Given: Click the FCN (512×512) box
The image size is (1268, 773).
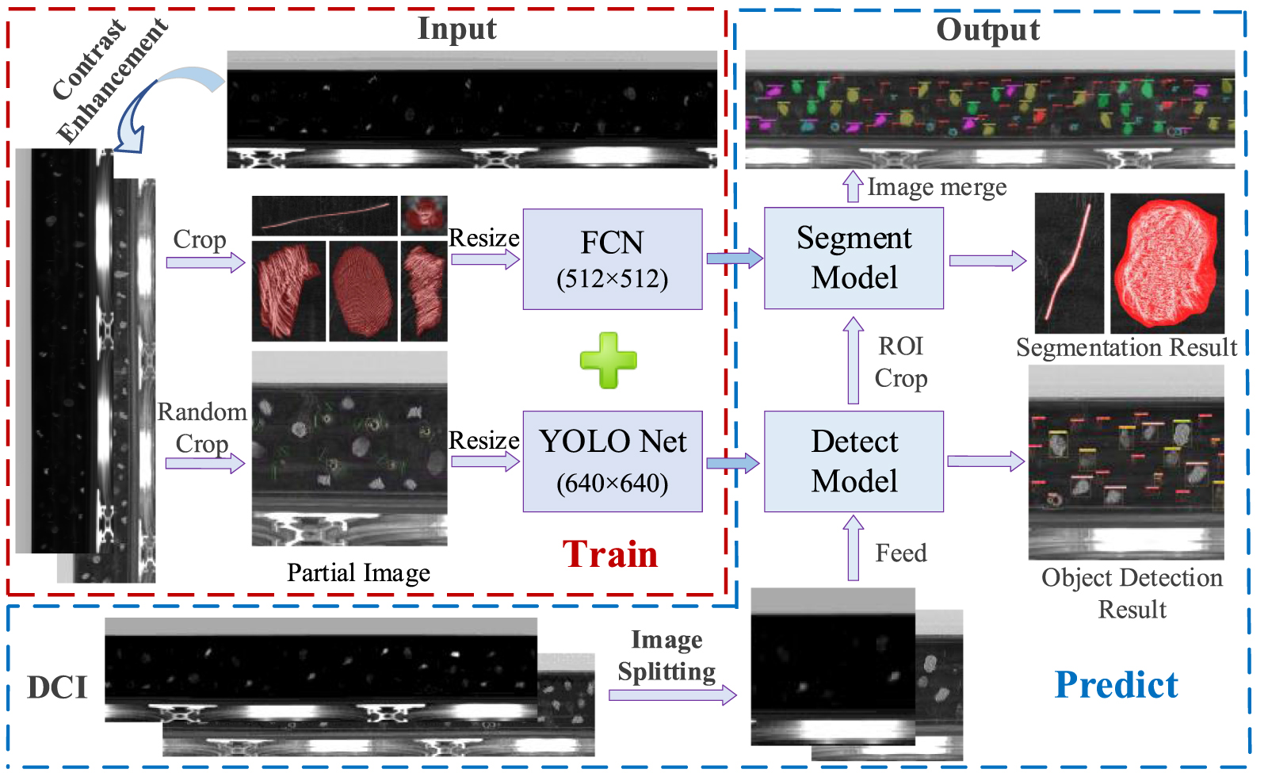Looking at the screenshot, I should pyautogui.click(x=612, y=259).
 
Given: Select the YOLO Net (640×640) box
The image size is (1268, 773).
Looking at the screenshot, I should pyautogui.click(x=612, y=461).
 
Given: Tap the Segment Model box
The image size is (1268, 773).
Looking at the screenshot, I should pyautogui.click(x=854, y=258).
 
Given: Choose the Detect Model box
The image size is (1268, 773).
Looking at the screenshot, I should pyautogui.click(x=854, y=461).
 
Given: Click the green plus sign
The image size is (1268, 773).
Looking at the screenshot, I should pyautogui.click(x=608, y=361).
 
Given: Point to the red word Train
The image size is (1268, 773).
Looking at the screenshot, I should pyautogui.click(x=610, y=554).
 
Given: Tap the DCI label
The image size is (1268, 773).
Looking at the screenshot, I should pyautogui.click(x=57, y=687).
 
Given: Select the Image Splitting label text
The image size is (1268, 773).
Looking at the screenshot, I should pyautogui.click(x=666, y=656).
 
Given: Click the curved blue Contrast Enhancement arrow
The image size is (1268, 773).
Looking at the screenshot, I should pyautogui.click(x=158, y=103).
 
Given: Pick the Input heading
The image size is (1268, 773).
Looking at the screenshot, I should pyautogui.click(x=456, y=29).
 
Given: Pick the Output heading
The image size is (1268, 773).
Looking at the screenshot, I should pyautogui.click(x=987, y=29).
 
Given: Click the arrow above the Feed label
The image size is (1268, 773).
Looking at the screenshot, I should pyautogui.click(x=853, y=548).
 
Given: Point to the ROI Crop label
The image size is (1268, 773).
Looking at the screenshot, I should pyautogui.click(x=901, y=362).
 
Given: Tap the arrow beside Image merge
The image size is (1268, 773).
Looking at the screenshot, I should pyautogui.click(x=853, y=186).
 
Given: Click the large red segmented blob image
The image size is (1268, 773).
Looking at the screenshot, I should pyautogui.click(x=1167, y=263).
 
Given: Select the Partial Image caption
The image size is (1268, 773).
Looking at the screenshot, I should pyautogui.click(x=358, y=572).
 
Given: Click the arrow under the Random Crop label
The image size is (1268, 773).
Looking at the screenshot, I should pyautogui.click(x=204, y=463).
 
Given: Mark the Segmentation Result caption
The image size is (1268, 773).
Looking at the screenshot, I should pyautogui.click(x=1126, y=347).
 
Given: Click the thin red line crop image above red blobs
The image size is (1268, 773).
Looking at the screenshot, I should pyautogui.click(x=325, y=216).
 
